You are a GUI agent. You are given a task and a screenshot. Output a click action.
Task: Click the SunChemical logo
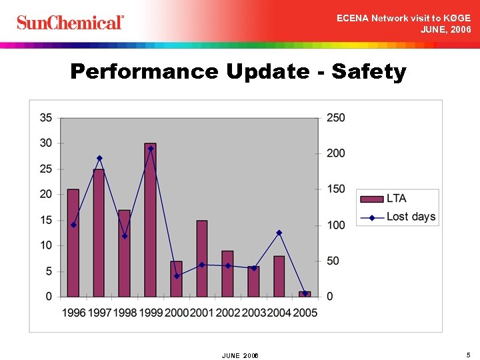(x=70, y=22)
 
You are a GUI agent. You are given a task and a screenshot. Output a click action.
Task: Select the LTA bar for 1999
(x=150, y=220)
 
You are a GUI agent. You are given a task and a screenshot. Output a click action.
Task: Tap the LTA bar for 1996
(x=73, y=243)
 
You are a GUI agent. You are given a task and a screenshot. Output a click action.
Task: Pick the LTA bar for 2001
(x=202, y=259)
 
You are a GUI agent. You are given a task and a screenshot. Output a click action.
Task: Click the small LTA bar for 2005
(x=305, y=294)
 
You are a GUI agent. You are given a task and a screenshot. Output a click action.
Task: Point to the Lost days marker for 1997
(x=99, y=158)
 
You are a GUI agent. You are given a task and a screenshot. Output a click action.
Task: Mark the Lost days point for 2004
(x=279, y=233)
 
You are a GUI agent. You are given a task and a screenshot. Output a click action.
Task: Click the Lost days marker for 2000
(x=177, y=275)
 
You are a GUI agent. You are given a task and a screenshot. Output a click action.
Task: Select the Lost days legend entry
(x=410, y=217)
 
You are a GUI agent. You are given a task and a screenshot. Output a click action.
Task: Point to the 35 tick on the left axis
(x=46, y=117)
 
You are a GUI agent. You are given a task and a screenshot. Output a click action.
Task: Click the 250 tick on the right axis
(x=335, y=117)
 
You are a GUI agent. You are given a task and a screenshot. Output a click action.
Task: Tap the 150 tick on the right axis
(x=335, y=189)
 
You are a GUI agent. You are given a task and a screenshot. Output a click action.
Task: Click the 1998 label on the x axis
(x=125, y=313)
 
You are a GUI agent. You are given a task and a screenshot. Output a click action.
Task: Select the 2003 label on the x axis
(x=253, y=313)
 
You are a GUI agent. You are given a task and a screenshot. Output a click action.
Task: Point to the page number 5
(x=469, y=354)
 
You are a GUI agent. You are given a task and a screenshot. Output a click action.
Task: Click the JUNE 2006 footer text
(x=240, y=355)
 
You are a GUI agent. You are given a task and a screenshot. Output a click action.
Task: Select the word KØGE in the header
(x=456, y=18)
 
